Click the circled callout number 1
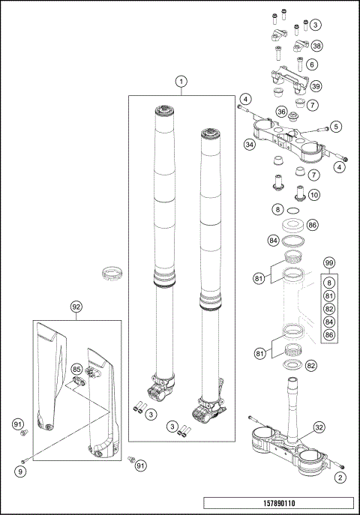[181, 80]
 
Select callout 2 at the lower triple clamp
[342, 477]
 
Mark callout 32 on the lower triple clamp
[319, 427]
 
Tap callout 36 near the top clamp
[282, 112]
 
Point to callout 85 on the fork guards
[76, 369]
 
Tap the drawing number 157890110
[277, 504]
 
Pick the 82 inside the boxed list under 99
[328, 308]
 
